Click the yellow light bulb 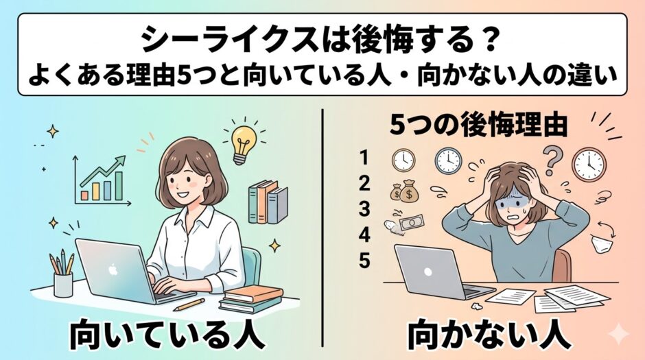244,145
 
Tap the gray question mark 552,159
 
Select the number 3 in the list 364,208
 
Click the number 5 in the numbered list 364,260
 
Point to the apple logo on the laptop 113,270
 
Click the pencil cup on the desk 63,284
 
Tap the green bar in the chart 119,186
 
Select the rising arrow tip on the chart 124,158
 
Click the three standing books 268,202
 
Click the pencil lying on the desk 189,304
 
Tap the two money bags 404,191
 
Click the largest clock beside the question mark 590,164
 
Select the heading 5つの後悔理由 478,125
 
